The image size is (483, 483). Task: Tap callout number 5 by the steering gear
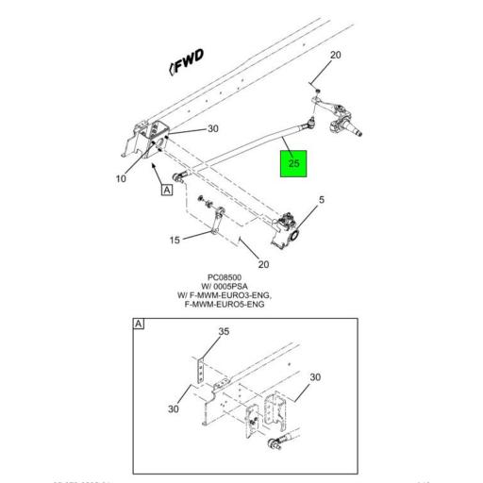(321, 200)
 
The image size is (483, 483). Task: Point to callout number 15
(175, 241)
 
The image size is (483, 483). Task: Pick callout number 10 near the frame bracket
(121, 178)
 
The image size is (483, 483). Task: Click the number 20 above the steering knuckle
(335, 56)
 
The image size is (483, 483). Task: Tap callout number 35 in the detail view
(224, 332)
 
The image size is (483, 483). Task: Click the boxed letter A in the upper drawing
(167, 190)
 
